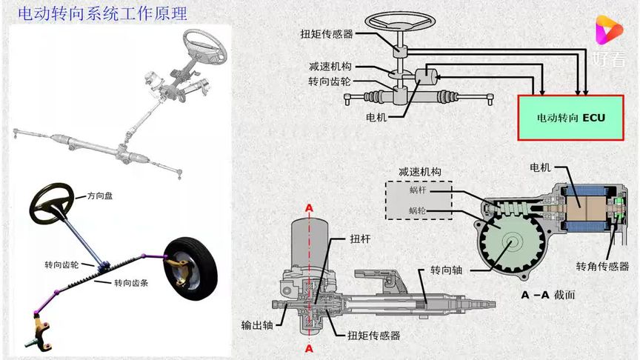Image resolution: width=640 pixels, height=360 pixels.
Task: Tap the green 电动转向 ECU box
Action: (573, 118)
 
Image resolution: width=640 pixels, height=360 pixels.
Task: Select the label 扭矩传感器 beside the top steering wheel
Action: (327, 33)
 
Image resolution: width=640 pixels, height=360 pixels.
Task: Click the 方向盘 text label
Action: (101, 197)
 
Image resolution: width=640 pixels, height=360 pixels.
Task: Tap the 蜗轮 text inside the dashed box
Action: (417, 211)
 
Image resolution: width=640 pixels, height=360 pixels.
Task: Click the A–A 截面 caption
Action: (547, 294)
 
